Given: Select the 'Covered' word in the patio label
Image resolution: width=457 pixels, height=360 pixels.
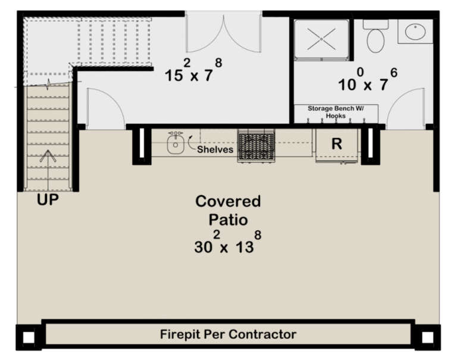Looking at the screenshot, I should (x=228, y=201).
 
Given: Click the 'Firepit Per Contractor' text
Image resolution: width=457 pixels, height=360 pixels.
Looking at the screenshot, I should (x=228, y=334).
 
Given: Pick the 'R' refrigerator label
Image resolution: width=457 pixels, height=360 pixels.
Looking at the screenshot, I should (x=337, y=144).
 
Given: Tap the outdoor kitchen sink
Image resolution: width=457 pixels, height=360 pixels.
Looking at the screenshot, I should (x=175, y=144).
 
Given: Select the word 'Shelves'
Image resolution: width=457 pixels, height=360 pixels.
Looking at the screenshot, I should (x=215, y=150).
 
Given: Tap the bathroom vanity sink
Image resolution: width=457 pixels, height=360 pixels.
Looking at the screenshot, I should (x=415, y=32).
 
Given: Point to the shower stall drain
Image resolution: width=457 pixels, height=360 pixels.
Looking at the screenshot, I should (x=321, y=39).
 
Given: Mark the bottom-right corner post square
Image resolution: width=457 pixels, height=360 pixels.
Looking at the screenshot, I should (x=427, y=337).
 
